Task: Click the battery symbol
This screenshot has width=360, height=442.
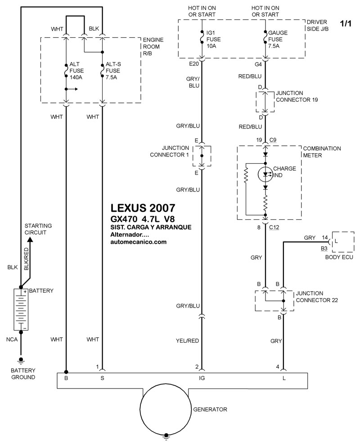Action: tap(21, 310)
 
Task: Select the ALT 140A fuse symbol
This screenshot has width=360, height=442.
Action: tap(66, 71)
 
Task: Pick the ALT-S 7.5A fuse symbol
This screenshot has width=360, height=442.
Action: tap(102, 71)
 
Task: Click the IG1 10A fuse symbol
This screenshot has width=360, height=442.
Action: tap(202, 36)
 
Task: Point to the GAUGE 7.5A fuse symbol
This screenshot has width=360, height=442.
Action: tap(265, 36)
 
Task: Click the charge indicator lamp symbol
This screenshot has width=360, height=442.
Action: tap(265, 174)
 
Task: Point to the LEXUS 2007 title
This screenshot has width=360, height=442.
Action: tap(142, 209)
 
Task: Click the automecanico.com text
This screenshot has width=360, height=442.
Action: tap(138, 242)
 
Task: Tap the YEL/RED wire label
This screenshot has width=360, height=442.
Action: tap(188, 341)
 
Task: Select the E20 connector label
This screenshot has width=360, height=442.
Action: tap(193, 64)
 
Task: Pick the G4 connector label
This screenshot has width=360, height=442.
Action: tap(258, 64)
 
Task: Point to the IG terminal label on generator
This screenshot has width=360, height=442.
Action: tap(202, 379)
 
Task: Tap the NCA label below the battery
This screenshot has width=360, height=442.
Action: tap(12, 339)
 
